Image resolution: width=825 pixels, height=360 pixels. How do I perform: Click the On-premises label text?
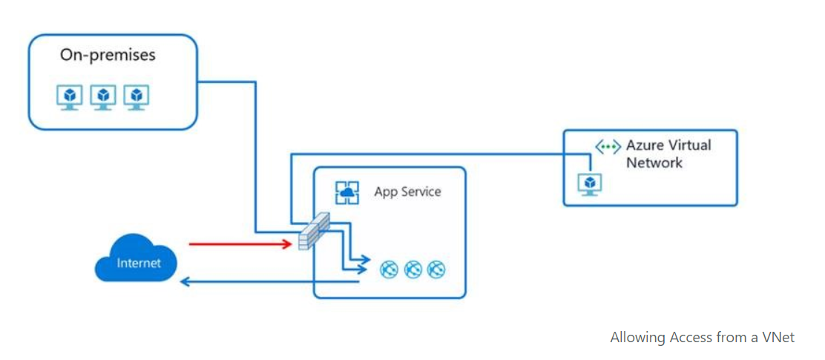(108, 56)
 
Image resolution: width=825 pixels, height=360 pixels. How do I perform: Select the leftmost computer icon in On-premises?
(70, 97)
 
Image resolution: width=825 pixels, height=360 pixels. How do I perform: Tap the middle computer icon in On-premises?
(103, 97)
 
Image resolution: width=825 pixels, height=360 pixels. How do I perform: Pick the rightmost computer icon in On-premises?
(136, 97)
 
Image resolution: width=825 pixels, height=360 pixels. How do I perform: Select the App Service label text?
(407, 192)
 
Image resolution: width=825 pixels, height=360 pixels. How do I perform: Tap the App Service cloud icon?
(346, 192)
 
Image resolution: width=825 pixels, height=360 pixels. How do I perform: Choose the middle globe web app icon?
(413, 269)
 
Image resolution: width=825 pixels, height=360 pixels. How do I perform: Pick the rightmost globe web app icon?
(437, 269)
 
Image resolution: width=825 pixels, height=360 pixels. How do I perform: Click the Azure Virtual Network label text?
(668, 154)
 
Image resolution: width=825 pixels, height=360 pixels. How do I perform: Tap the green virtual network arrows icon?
(608, 147)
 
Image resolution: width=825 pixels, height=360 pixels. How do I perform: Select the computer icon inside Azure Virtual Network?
(590, 183)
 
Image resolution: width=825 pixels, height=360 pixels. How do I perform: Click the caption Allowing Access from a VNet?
(702, 338)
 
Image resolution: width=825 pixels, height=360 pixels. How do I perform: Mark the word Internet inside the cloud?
(138, 264)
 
